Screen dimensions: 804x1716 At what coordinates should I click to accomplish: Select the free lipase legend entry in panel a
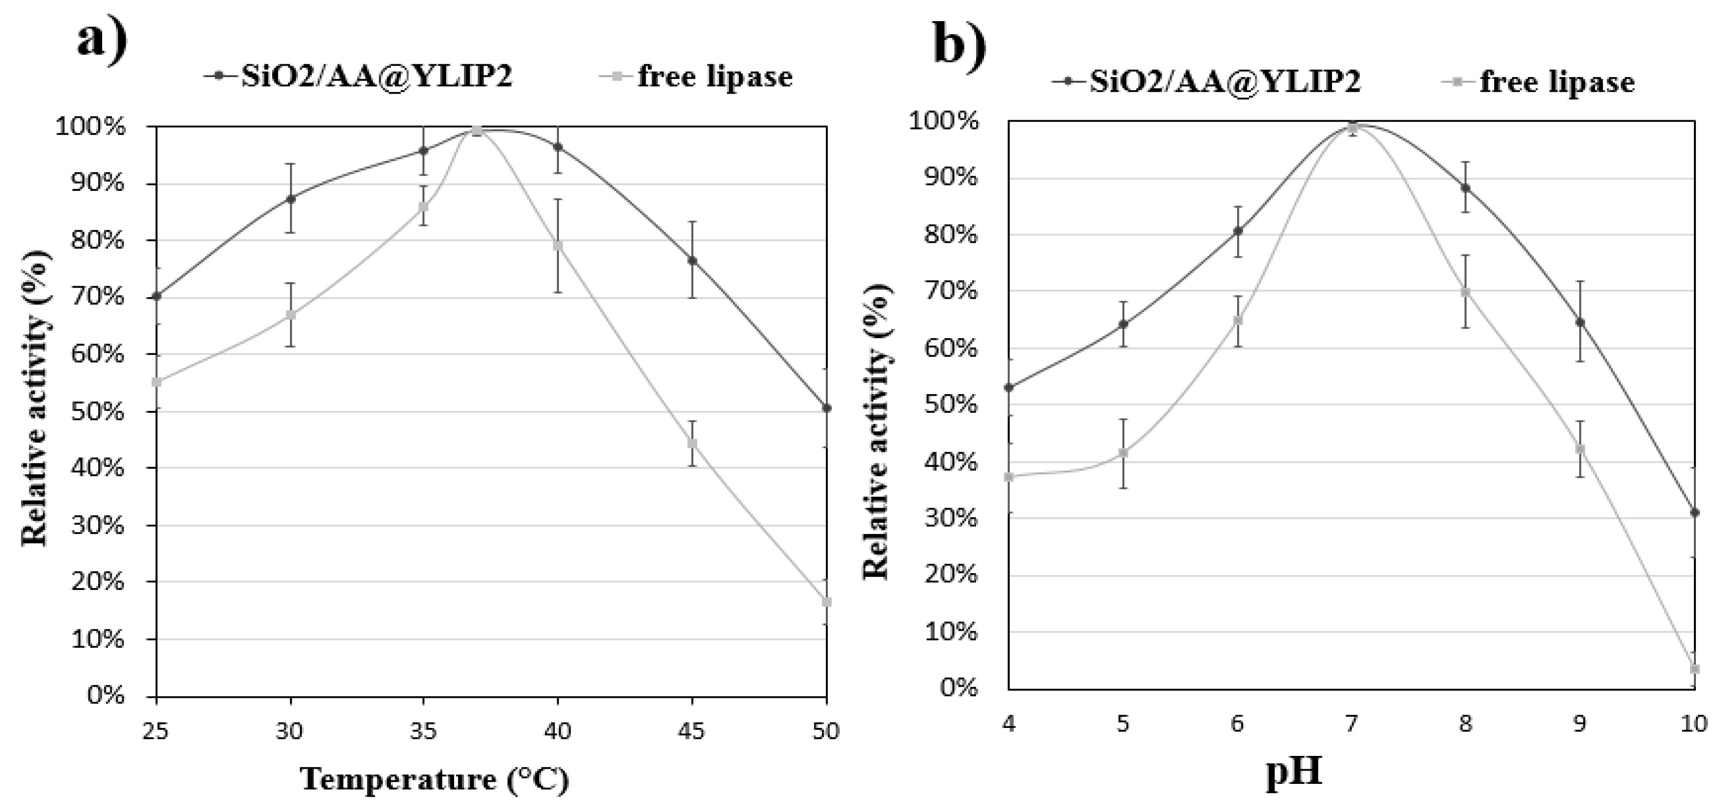click(x=714, y=76)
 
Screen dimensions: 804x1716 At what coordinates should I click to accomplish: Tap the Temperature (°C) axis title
click(x=435, y=778)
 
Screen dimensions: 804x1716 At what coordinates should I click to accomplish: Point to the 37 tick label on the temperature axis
click(x=477, y=731)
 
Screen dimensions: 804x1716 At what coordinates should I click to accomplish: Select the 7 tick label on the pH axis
click(x=1351, y=723)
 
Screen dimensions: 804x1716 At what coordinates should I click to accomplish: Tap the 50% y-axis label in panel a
click(x=97, y=411)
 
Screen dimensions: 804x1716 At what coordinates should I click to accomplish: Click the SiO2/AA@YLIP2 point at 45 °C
click(x=692, y=261)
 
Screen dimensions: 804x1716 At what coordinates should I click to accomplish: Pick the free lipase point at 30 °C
click(x=291, y=315)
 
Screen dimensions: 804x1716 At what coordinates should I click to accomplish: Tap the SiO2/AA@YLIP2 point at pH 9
click(x=1580, y=322)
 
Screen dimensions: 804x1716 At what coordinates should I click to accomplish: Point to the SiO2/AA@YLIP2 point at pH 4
click(x=1008, y=387)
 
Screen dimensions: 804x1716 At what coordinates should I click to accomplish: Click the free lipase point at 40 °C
click(x=558, y=246)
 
